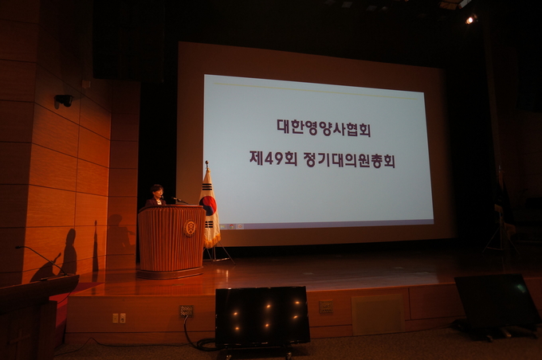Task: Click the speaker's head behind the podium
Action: point(156,190)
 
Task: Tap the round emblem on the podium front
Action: point(190,229)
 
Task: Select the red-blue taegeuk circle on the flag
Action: point(209,205)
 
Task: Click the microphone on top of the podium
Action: point(180,200)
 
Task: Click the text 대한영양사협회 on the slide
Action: point(324,127)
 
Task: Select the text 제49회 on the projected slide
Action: point(273,158)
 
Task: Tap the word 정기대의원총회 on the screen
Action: point(349,160)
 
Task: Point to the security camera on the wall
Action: point(64,100)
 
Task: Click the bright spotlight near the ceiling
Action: point(469,20)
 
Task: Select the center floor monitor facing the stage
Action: point(263,315)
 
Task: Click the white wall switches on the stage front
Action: point(119,318)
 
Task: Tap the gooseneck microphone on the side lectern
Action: point(42,261)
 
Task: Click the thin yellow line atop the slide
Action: point(316,92)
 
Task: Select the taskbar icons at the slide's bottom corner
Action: point(232,227)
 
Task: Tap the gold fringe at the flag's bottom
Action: point(212,242)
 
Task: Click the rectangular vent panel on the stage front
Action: point(378,315)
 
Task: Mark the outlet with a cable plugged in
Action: point(187,311)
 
